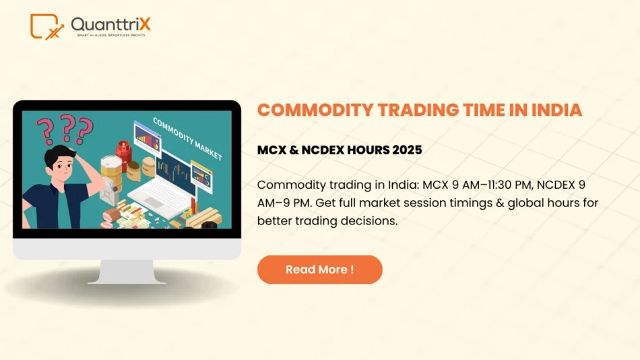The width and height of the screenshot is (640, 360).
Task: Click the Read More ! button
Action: click(319, 270)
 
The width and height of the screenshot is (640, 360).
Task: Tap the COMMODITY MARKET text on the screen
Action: click(187, 138)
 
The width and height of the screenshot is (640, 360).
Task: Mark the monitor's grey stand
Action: click(127, 271)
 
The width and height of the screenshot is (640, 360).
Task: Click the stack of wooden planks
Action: click(203, 218)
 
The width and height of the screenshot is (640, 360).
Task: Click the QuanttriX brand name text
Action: click(110, 24)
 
